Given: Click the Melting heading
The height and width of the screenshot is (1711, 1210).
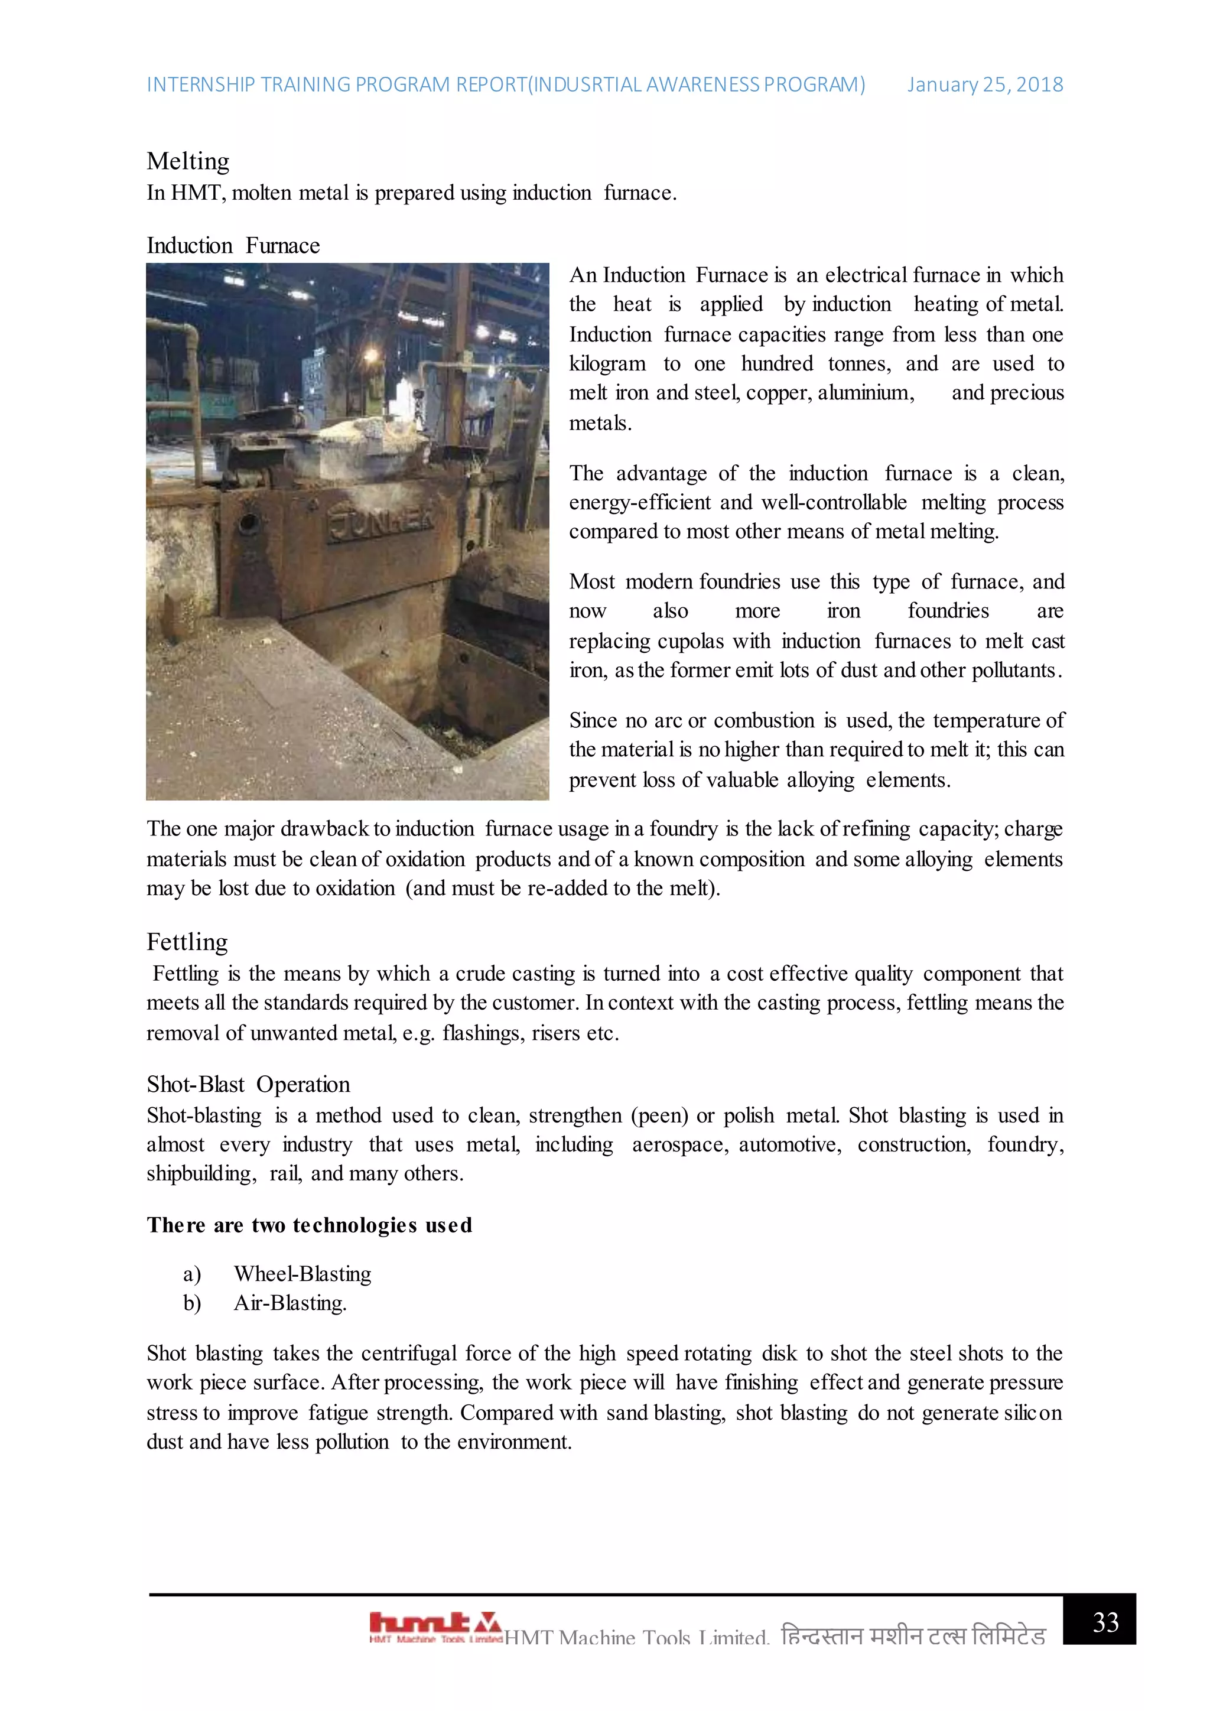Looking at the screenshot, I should [x=188, y=161].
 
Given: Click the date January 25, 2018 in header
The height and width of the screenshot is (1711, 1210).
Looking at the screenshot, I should [x=984, y=85].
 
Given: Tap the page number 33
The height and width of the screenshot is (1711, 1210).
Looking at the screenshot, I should [x=1105, y=1622].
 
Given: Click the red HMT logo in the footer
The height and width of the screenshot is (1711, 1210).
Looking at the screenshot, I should [x=435, y=1625].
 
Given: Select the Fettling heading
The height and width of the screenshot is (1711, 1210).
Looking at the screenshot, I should [x=187, y=942].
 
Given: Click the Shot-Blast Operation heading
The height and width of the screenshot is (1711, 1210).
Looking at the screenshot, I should [x=248, y=1084].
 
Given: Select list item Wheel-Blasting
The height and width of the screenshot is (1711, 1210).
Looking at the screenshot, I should [x=302, y=1274].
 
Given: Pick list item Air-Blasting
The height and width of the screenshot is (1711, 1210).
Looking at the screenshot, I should [x=290, y=1303].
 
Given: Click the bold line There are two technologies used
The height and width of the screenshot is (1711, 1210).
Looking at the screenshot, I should [x=309, y=1225].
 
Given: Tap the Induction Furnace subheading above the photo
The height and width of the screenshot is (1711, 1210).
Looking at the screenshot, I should [x=233, y=245].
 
